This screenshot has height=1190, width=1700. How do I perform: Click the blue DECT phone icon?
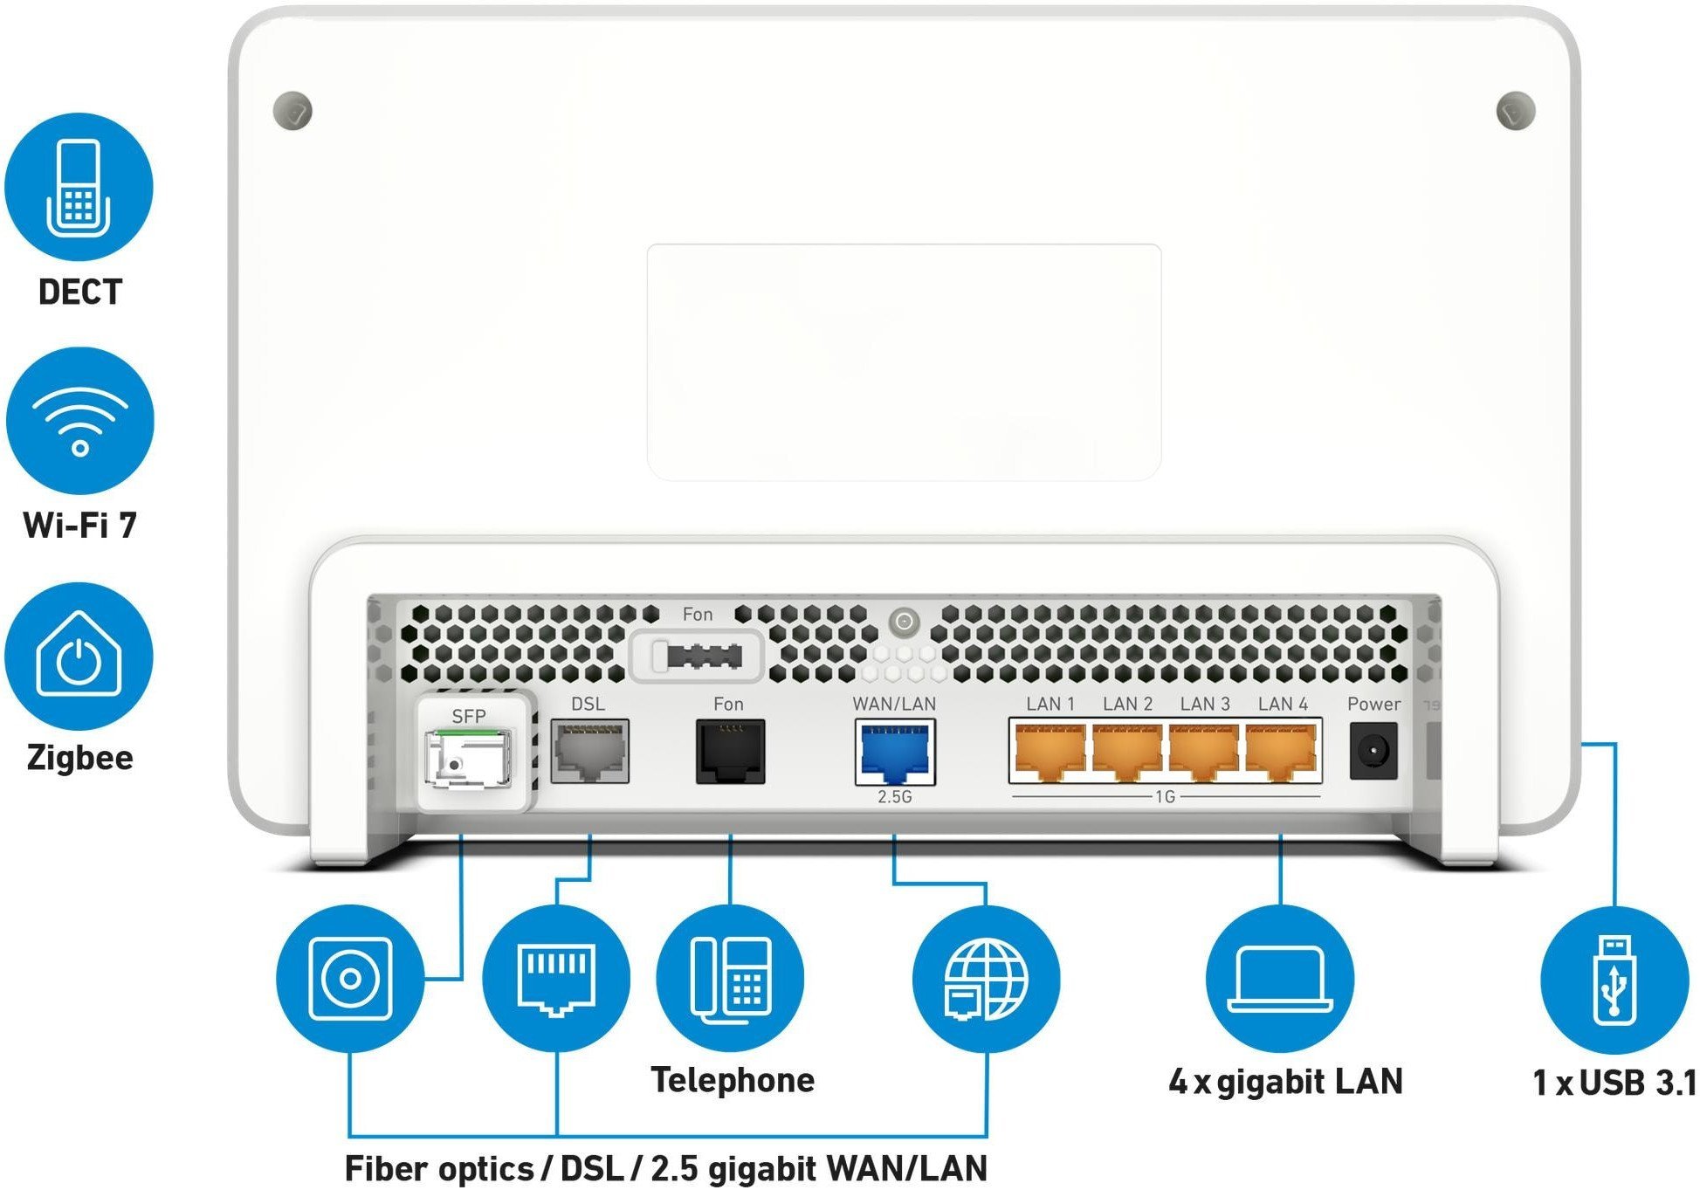(x=79, y=187)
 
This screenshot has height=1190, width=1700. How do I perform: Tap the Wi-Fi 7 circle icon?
(x=79, y=421)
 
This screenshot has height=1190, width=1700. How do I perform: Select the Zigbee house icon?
(x=79, y=657)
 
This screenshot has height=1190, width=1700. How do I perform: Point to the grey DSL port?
(x=589, y=752)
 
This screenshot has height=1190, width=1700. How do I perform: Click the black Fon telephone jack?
(x=730, y=752)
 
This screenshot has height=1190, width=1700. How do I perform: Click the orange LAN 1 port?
(x=1050, y=752)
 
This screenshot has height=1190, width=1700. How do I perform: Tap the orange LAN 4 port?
(x=1282, y=752)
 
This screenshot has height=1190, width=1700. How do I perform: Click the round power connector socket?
(x=1373, y=752)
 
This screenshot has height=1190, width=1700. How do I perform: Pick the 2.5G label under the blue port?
(x=895, y=797)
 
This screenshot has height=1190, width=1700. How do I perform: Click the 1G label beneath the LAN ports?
(x=1165, y=797)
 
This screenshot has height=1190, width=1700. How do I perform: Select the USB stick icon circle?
(x=1614, y=979)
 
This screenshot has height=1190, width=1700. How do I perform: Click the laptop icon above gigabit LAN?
(x=1279, y=979)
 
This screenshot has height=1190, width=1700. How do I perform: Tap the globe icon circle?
(x=986, y=979)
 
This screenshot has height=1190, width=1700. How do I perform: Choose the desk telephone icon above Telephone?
(x=730, y=979)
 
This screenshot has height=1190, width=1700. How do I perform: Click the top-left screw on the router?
(x=293, y=111)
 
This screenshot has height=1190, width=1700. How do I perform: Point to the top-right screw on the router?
(x=1516, y=111)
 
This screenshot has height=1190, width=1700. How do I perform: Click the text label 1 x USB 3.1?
(x=1614, y=1083)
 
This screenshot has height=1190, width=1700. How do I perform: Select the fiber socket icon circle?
(x=349, y=979)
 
